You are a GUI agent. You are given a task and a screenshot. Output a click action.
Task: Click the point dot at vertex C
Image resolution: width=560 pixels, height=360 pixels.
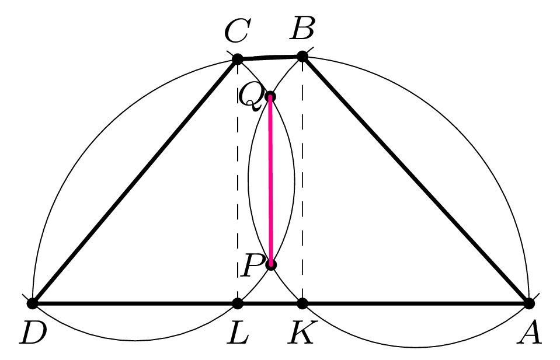tap(238, 59)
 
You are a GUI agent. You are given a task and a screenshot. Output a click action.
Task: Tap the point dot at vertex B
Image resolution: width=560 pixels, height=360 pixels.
tap(302, 57)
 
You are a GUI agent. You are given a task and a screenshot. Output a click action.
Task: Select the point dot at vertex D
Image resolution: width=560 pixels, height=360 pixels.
tap(32, 303)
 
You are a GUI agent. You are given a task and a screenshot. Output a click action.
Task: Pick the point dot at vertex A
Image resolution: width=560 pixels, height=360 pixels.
tap(529, 303)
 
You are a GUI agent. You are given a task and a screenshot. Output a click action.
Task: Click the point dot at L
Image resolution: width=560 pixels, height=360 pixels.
tap(238, 303)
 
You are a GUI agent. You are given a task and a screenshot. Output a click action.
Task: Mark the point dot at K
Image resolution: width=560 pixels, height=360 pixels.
tap(302, 303)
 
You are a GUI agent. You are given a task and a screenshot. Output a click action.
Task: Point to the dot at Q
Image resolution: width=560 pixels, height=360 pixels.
tap(270, 97)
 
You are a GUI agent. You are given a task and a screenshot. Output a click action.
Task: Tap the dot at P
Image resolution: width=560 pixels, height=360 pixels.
tap(272, 265)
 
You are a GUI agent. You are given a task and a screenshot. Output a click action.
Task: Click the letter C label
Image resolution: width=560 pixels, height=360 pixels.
tap(236, 31)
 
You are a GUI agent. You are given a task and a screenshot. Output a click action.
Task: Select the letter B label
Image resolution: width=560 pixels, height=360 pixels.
tap(302, 28)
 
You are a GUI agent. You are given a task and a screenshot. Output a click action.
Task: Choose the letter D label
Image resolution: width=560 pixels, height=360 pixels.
tap(33, 333)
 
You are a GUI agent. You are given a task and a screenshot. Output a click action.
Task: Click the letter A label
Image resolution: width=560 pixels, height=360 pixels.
tap(529, 333)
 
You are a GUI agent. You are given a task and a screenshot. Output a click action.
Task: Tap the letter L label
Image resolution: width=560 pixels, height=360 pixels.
tap(238, 333)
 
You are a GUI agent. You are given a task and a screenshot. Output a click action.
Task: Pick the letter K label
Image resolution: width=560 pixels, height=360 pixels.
tap(302, 333)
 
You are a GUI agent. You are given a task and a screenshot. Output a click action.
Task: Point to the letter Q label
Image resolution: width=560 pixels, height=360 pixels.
tap(251, 97)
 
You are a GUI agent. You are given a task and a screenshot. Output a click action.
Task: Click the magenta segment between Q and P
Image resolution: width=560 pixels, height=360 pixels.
tap(271, 181)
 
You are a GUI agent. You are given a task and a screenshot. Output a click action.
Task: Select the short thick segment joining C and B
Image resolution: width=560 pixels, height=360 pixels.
tap(270, 57)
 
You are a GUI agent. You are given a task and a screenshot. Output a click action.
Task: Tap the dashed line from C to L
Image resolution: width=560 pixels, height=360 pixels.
tap(238, 181)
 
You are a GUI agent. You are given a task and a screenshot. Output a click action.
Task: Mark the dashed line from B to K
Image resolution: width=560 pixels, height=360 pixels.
tap(302, 180)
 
